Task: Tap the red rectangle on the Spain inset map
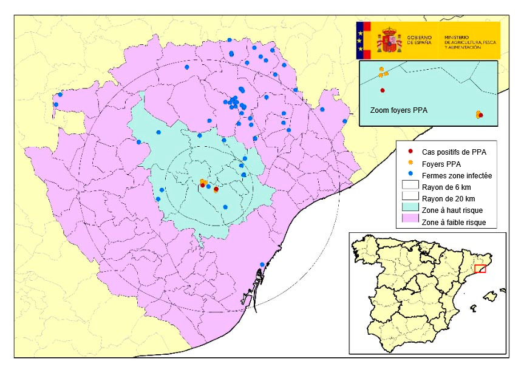point(480,269)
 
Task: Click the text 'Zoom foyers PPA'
point(399,111)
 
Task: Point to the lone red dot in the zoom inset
point(383,90)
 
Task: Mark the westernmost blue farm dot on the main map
point(56,104)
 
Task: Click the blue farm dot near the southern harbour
point(262,264)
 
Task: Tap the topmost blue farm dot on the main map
point(230,40)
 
